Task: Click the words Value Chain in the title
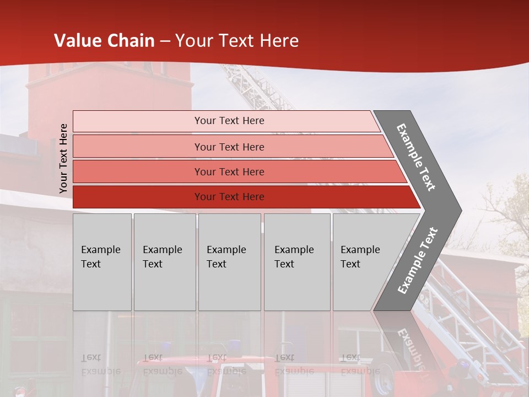click(104, 41)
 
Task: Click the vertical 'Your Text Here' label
click(63, 158)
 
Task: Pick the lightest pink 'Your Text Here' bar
click(229, 121)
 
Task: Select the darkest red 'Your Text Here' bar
click(229, 197)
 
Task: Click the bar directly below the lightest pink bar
click(229, 147)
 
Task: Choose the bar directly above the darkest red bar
click(229, 172)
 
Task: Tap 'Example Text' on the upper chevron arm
click(416, 157)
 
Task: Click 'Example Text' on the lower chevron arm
click(418, 261)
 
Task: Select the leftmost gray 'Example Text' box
click(102, 261)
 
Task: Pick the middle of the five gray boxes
click(229, 261)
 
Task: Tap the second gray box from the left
click(164, 261)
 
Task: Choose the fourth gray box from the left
click(296, 261)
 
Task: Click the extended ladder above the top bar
click(253, 88)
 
